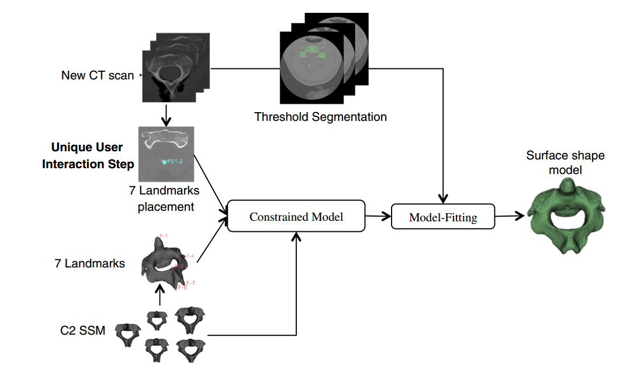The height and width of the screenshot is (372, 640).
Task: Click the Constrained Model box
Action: pyautogui.click(x=296, y=217)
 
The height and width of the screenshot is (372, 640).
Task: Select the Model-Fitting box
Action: pyautogui.click(x=442, y=218)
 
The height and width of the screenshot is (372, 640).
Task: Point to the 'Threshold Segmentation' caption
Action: pyautogui.click(x=320, y=117)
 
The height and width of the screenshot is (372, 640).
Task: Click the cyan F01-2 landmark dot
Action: pyautogui.click(x=164, y=162)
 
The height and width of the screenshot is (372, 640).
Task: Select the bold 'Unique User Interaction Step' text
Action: pyautogui.click(x=88, y=155)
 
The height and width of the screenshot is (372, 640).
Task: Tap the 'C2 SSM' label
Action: pyautogui.click(x=82, y=331)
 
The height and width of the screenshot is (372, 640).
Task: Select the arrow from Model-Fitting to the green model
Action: pyautogui.click(x=509, y=217)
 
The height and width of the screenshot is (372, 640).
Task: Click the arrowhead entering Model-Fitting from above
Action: pyautogui.click(x=446, y=198)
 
